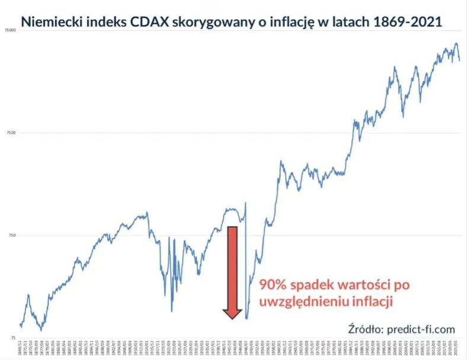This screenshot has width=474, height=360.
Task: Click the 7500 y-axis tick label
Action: coord(10,133)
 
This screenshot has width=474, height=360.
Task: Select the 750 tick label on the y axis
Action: coord(11,235)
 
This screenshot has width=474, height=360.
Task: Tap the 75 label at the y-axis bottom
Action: coord(12,338)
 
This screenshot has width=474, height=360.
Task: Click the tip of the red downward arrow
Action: coord(232,318)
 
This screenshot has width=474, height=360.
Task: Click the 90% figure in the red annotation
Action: coord(273,285)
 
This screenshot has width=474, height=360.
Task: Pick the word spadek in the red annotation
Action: coord(316,285)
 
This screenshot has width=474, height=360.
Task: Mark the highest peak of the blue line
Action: coord(456,43)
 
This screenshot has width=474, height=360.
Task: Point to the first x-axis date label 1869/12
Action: coord(21,349)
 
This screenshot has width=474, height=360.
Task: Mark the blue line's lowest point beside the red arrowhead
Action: coord(246,319)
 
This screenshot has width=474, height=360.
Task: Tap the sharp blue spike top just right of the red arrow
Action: coord(245,203)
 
